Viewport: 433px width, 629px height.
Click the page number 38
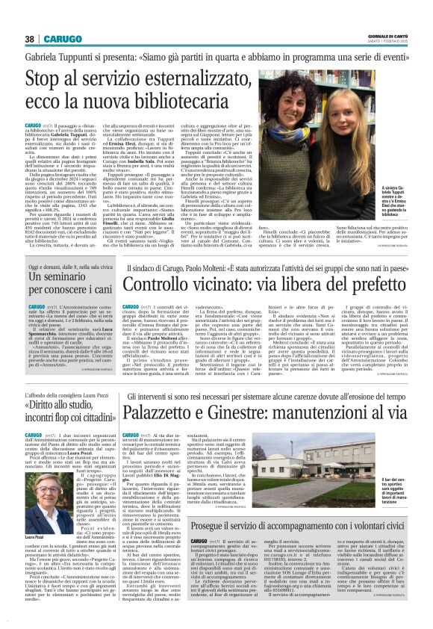point(29,39)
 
